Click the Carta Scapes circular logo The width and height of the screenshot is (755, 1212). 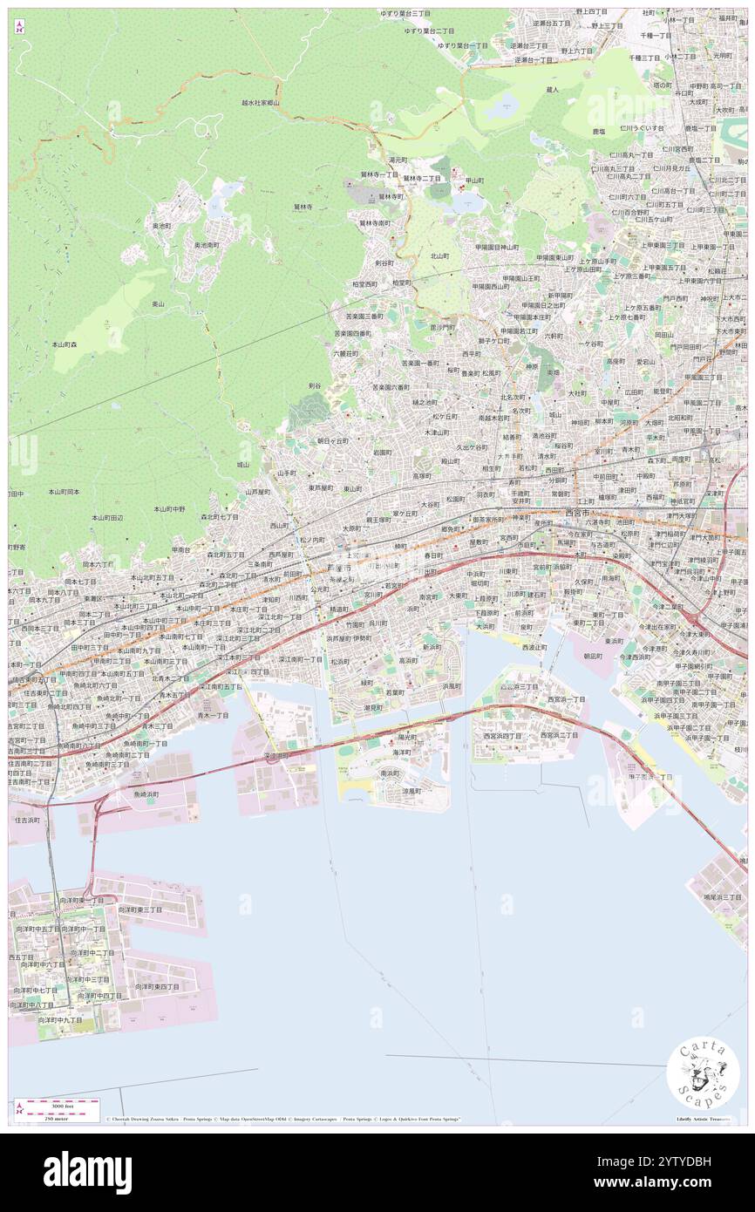703,1075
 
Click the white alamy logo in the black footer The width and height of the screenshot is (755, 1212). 87,1172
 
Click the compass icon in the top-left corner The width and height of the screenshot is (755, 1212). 19,27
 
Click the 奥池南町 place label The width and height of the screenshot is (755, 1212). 207,245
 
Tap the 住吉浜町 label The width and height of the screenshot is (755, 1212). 27,820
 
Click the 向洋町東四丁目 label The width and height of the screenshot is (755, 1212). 157,986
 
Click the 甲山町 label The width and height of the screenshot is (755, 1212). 474,180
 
